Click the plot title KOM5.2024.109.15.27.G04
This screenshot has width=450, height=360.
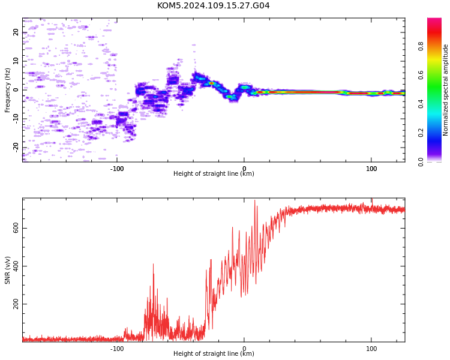tap(213, 5)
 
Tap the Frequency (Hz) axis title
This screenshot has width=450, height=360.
tap(7, 90)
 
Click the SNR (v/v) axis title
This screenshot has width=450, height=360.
tap(7, 270)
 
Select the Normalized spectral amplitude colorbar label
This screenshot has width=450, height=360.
tap(445, 90)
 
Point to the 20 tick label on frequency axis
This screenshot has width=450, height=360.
tap(16, 32)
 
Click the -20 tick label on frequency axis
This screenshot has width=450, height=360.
tap(16, 148)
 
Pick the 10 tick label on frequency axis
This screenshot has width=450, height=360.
tap(16, 61)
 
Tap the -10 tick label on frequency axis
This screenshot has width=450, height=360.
tap(16, 119)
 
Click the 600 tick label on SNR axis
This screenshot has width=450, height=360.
tap(16, 228)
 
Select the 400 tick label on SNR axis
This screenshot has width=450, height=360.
tap(16, 266)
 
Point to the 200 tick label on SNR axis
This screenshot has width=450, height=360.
tap(16, 304)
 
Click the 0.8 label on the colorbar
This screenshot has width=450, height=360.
tap(421, 46)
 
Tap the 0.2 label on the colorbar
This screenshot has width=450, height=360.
tap(421, 133)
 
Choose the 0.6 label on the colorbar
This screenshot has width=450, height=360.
tap(421, 75)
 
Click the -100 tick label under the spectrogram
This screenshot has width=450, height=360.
tap(117, 169)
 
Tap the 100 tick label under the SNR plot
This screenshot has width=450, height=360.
tap(371, 349)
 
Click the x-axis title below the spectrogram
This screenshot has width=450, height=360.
tap(214, 173)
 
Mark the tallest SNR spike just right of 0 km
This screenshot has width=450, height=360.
tap(254, 200)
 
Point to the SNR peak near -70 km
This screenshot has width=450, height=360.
tap(153, 264)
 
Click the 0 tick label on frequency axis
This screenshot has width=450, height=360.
tap(16, 90)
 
